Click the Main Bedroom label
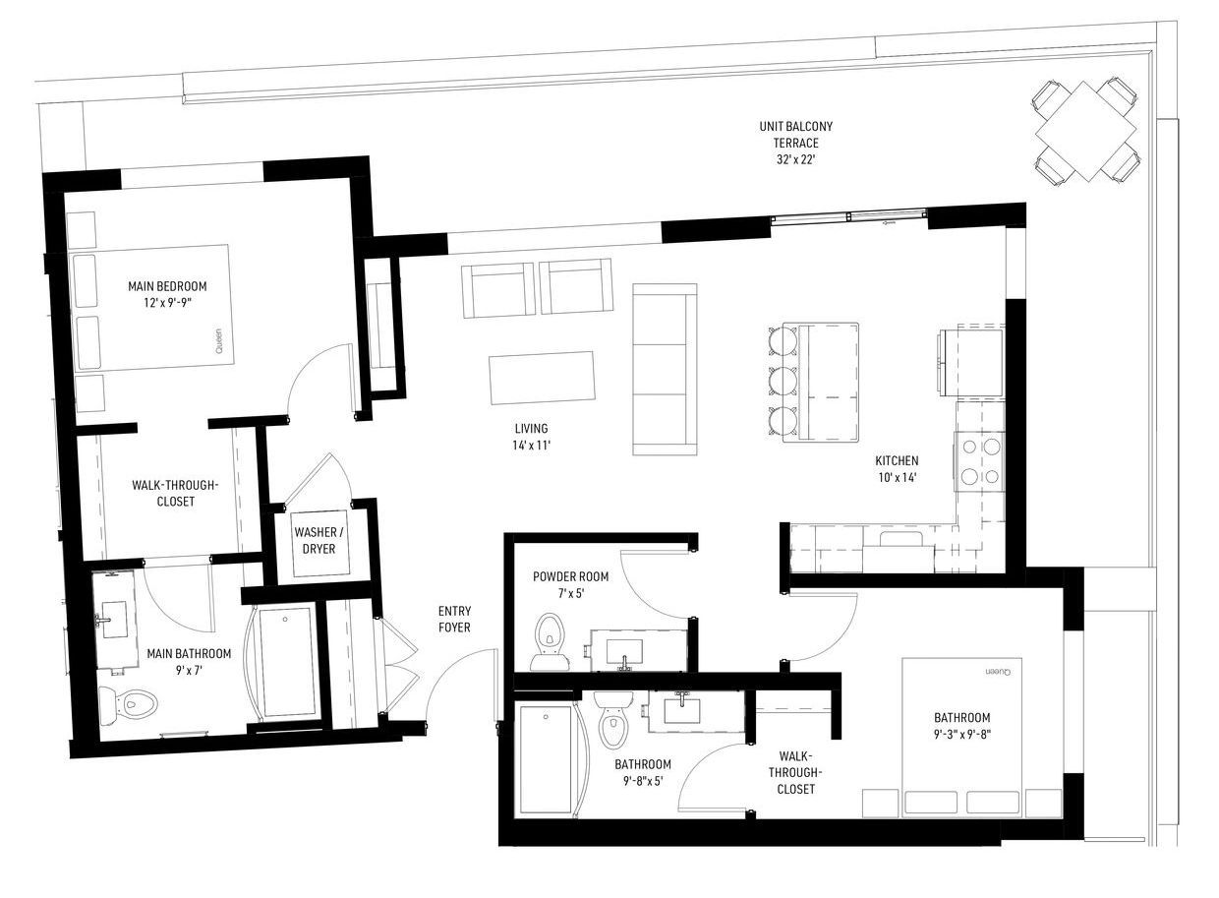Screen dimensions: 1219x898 (x=167, y=286)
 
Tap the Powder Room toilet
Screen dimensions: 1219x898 (x=551, y=642)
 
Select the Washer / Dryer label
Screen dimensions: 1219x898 (x=319, y=540)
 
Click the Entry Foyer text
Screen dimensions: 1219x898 (x=454, y=620)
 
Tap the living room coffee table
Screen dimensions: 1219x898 (x=542, y=379)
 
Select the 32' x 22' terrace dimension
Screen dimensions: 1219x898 (x=795, y=160)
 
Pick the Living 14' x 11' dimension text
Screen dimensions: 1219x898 (x=531, y=445)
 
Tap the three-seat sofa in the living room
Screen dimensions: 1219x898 (x=665, y=369)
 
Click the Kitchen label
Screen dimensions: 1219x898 (x=897, y=460)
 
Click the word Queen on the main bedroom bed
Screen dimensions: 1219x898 (x=219, y=341)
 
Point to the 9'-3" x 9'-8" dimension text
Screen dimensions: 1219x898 (x=962, y=735)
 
